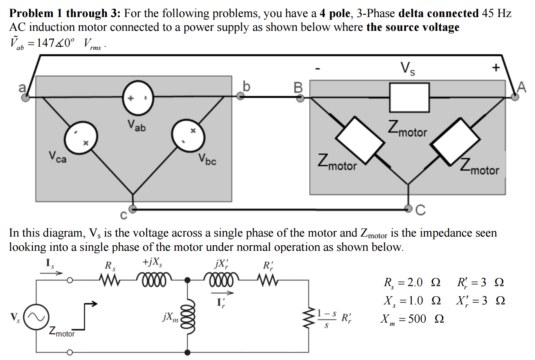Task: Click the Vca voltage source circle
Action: coord(82,138)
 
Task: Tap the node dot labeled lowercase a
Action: coord(26,97)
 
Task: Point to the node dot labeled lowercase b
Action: coord(240,96)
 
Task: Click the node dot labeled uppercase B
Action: coord(300,98)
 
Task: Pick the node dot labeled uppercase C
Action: coord(409,209)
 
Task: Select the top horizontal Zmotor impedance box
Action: coord(409,94)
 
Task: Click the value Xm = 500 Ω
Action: coord(412,319)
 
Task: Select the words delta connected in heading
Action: coord(439,13)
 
